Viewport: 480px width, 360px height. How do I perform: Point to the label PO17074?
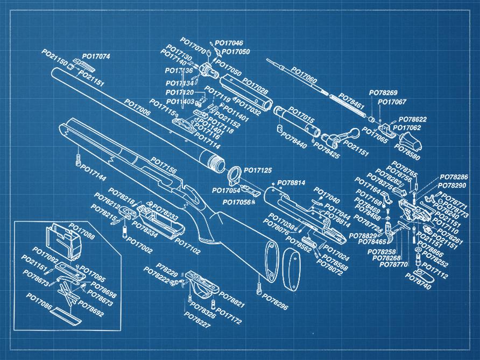click(x=96, y=57)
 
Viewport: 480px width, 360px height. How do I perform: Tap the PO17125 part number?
click(x=258, y=171)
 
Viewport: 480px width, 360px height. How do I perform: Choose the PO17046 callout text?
click(x=229, y=43)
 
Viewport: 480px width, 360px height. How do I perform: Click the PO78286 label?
click(x=454, y=177)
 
